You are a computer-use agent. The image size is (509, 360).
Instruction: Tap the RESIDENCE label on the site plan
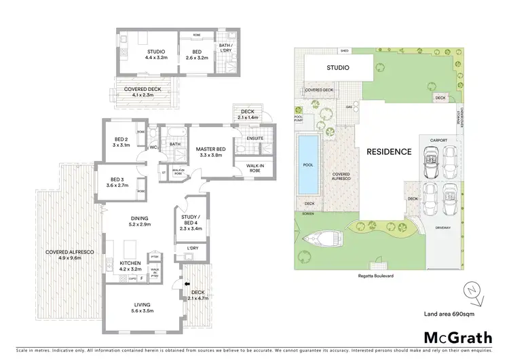point(385,151)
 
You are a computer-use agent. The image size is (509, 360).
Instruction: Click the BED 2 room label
point(121,141)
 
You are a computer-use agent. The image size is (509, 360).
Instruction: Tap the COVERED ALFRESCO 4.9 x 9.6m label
point(70,255)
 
